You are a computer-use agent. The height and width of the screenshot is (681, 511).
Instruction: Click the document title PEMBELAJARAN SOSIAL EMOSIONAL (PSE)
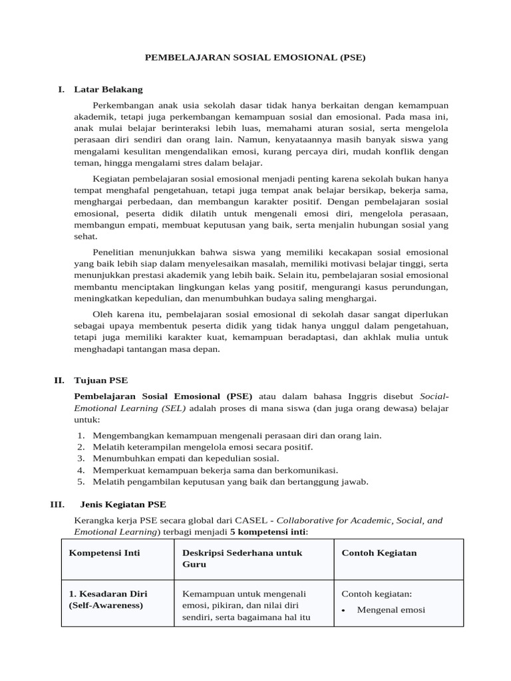coord(255,58)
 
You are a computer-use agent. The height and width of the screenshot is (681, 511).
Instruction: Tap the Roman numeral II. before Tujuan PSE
coord(59,380)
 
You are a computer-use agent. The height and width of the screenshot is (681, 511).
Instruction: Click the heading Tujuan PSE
coord(100,380)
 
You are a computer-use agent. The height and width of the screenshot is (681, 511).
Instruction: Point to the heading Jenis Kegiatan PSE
coord(123,504)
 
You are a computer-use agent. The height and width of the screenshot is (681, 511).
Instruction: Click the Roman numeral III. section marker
coord(57,504)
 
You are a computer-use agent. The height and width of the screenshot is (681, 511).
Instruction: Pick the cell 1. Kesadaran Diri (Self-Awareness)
coord(108,600)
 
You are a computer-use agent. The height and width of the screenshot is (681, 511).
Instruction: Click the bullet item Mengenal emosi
coord(391,610)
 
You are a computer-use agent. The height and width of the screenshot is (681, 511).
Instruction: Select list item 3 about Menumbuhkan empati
coord(186,458)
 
